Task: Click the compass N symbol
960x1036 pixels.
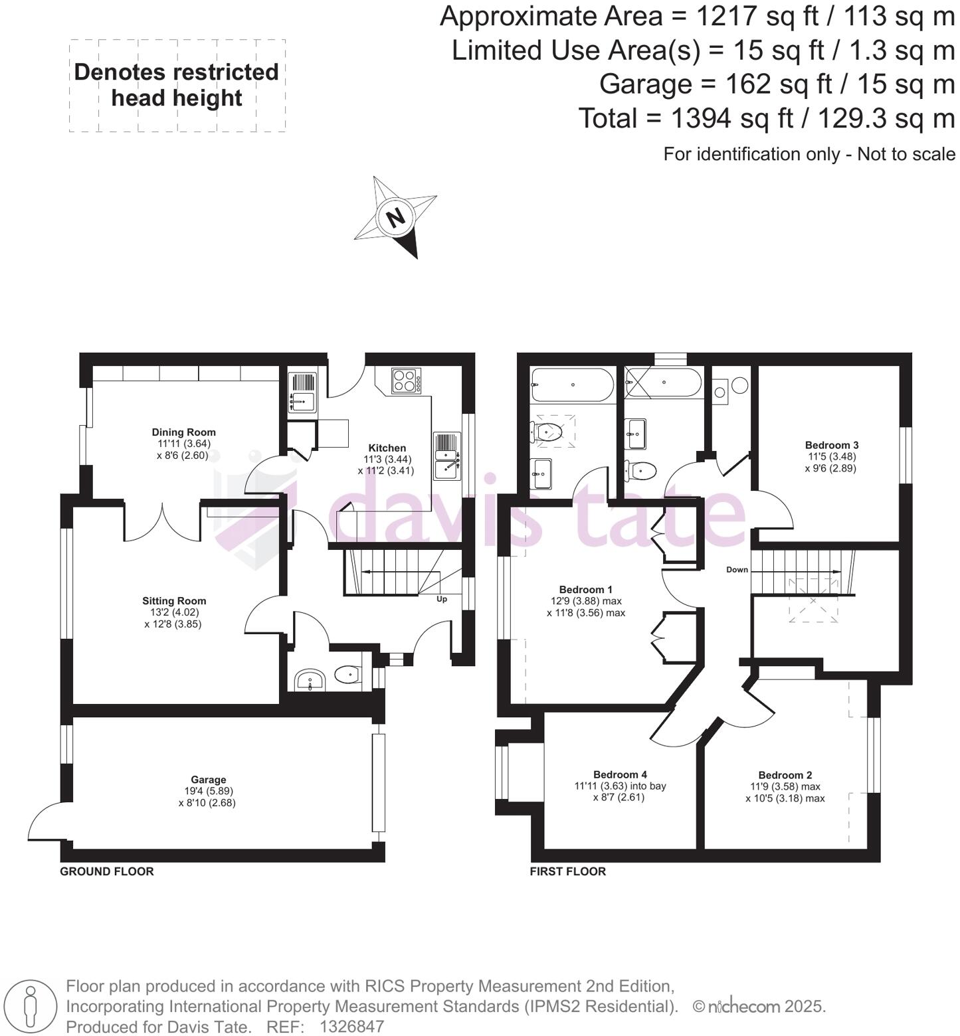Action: [395, 217]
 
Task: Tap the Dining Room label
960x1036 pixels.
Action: [183, 432]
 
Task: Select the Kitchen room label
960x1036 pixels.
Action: [387, 448]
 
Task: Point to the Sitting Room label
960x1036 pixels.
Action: [175, 601]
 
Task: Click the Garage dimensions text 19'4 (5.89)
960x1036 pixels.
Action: [208, 791]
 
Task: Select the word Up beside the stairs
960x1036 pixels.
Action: [441, 599]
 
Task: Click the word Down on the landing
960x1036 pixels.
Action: [737, 570]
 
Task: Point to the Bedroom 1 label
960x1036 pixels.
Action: [585, 590]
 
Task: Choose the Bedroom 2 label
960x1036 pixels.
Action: [785, 775]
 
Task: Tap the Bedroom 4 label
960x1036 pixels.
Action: [620, 774]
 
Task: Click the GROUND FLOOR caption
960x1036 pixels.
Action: [107, 871]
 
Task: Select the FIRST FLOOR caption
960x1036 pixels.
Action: [567, 871]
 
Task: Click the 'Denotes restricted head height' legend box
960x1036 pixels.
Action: [177, 86]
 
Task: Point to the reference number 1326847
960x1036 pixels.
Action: [351, 1027]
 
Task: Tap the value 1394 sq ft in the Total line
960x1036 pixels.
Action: [731, 119]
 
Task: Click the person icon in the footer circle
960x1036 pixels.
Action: [29, 1005]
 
